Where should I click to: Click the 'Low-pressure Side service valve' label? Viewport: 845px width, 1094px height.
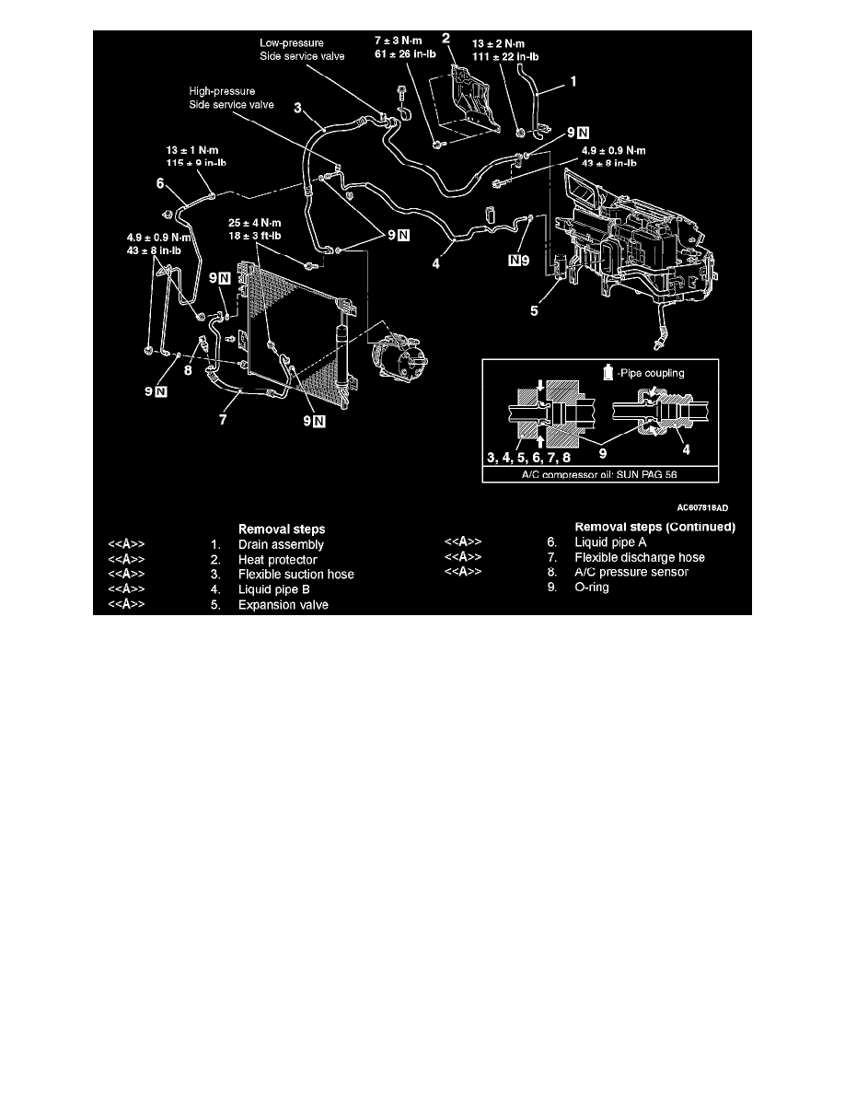pyautogui.click(x=302, y=50)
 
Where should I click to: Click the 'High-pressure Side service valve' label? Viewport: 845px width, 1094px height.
pyautogui.click(x=231, y=98)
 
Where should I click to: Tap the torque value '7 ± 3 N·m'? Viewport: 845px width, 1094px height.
pyautogui.click(x=398, y=41)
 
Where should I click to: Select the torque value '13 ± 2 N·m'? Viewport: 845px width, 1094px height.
pyautogui.click(x=499, y=44)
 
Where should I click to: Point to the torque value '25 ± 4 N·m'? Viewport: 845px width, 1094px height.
pyautogui.click(x=254, y=223)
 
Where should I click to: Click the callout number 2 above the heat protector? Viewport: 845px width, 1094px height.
pyautogui.click(x=446, y=39)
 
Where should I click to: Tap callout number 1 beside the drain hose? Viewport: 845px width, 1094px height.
pyautogui.click(x=573, y=82)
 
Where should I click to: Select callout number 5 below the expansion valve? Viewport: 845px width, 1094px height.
pyautogui.click(x=534, y=310)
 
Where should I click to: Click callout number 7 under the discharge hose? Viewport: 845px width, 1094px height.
pyautogui.click(x=223, y=419)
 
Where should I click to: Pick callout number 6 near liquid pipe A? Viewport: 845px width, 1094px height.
pyautogui.click(x=160, y=183)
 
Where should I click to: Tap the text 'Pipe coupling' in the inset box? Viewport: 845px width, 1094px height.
pyautogui.click(x=652, y=373)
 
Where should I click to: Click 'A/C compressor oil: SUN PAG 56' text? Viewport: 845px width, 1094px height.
pyautogui.click(x=599, y=474)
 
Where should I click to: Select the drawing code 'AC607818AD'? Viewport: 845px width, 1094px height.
pyautogui.click(x=702, y=508)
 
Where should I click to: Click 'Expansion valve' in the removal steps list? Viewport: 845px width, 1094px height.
pyautogui.click(x=284, y=605)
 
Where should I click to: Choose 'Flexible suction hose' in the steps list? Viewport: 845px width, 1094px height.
pyautogui.click(x=296, y=575)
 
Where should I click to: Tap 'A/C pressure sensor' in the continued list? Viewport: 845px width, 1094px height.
pyautogui.click(x=631, y=572)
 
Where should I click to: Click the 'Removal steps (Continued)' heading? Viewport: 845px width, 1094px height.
pyautogui.click(x=655, y=527)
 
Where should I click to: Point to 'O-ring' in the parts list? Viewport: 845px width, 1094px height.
pyautogui.click(x=592, y=588)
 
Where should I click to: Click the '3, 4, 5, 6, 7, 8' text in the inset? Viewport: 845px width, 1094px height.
pyautogui.click(x=528, y=458)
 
